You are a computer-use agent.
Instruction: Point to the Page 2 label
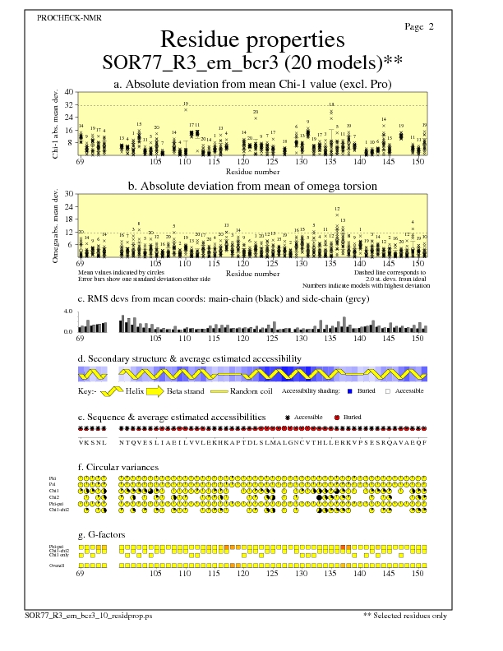coord(419,27)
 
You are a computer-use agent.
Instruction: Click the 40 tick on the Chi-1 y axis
coord(70,92)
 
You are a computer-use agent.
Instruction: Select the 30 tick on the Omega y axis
coord(70,194)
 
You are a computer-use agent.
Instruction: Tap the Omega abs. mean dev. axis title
coord(58,226)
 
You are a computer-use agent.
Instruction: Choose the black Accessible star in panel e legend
coord(287,418)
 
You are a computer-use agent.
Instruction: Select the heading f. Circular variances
coord(123,469)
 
